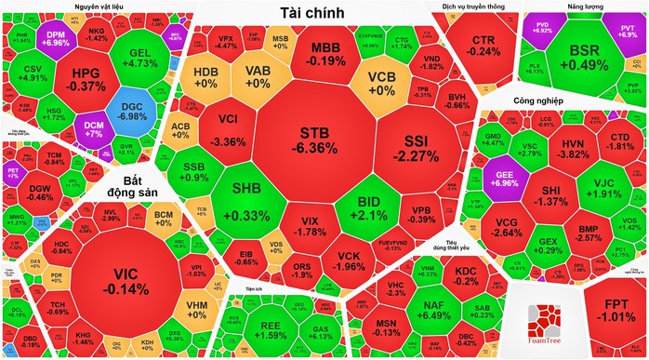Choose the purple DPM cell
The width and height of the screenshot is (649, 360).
click(x=56, y=37)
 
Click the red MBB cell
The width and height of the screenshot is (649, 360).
click(x=325, y=53)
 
